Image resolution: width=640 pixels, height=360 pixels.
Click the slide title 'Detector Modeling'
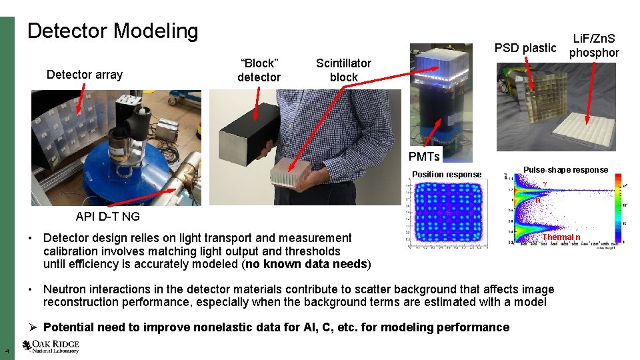coord(113,31)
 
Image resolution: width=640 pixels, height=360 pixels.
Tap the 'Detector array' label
coord(85,75)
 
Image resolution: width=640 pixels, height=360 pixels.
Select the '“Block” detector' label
coord(259,70)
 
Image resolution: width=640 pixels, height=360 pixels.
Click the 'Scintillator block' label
coord(343,70)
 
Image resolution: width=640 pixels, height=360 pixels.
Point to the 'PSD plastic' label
coord(525,47)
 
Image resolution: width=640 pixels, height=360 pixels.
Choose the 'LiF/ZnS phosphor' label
coord(594,46)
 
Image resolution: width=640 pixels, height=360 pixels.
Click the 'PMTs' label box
coord(424,157)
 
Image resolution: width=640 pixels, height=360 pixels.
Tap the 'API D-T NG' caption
coord(108,216)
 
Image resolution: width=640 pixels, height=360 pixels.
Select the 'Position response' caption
coord(447,175)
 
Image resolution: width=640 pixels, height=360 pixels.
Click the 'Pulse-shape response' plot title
coord(565,170)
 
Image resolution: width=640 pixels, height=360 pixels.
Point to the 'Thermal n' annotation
coord(561,237)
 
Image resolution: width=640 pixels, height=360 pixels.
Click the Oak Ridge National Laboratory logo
coord(51,346)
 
